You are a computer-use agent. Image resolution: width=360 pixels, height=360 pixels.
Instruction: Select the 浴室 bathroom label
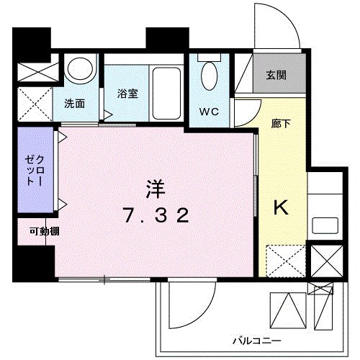[x=127, y=93]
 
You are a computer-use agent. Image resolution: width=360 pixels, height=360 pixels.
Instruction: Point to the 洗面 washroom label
[x=74, y=103]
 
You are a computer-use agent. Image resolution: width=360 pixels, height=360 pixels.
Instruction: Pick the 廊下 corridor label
[x=281, y=124]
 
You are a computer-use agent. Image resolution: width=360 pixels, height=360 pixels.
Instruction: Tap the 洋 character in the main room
[x=156, y=189]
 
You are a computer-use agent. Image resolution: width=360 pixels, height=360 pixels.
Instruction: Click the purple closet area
[x=33, y=171]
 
